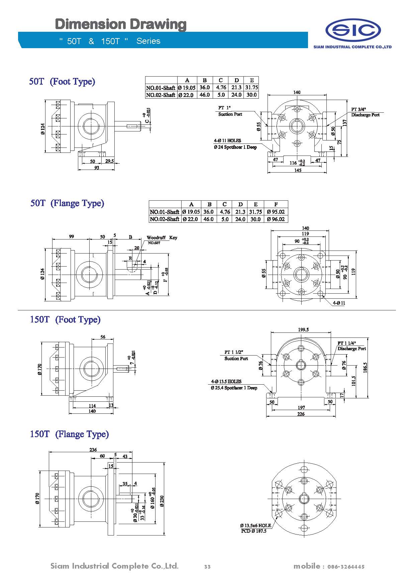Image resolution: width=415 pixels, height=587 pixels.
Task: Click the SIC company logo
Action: (353, 30)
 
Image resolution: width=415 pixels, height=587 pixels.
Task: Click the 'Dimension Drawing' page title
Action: (120, 24)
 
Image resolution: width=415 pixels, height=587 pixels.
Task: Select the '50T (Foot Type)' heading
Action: (62, 82)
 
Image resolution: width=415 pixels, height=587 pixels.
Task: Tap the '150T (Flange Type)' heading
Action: (70, 434)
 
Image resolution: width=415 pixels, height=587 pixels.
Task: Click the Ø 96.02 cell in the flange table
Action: (276, 219)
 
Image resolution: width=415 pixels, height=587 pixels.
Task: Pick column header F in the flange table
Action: (276, 204)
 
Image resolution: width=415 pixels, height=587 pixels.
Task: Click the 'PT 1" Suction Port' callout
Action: (230, 111)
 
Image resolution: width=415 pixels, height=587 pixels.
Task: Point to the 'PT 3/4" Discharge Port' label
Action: (365, 112)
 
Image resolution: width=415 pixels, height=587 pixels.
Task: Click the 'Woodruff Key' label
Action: (162, 237)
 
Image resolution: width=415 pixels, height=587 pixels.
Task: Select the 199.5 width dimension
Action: (303, 329)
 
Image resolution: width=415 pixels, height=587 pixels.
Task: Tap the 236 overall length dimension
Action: (93, 450)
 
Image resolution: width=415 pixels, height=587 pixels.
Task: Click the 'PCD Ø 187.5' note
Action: (254, 531)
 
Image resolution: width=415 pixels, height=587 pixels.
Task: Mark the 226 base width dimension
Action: (301, 414)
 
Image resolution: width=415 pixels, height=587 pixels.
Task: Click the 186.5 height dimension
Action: (365, 368)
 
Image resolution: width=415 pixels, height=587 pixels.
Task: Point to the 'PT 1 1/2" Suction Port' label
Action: (236, 355)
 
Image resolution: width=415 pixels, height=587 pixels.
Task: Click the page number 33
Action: (207, 567)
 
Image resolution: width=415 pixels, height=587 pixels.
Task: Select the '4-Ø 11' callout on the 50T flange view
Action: (338, 303)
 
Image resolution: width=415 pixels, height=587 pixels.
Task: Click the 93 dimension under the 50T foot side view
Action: (97, 168)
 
